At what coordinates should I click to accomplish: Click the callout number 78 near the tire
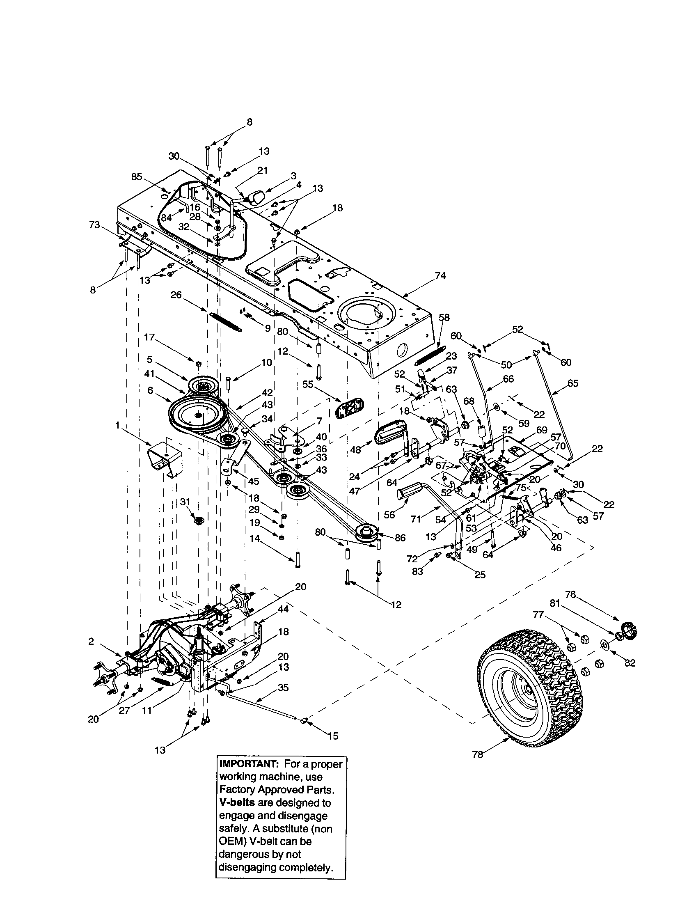click(x=477, y=754)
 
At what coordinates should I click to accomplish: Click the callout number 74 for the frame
click(x=441, y=276)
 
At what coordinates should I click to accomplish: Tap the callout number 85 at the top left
click(x=137, y=177)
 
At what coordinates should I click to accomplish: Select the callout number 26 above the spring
click(x=176, y=295)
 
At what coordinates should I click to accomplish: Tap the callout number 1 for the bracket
click(x=117, y=424)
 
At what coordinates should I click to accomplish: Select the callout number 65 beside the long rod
click(x=572, y=383)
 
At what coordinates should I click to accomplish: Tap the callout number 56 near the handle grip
click(x=389, y=515)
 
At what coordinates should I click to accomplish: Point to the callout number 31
click(x=185, y=501)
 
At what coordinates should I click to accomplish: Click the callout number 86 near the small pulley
click(x=400, y=538)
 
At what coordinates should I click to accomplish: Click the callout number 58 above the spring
click(x=444, y=318)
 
